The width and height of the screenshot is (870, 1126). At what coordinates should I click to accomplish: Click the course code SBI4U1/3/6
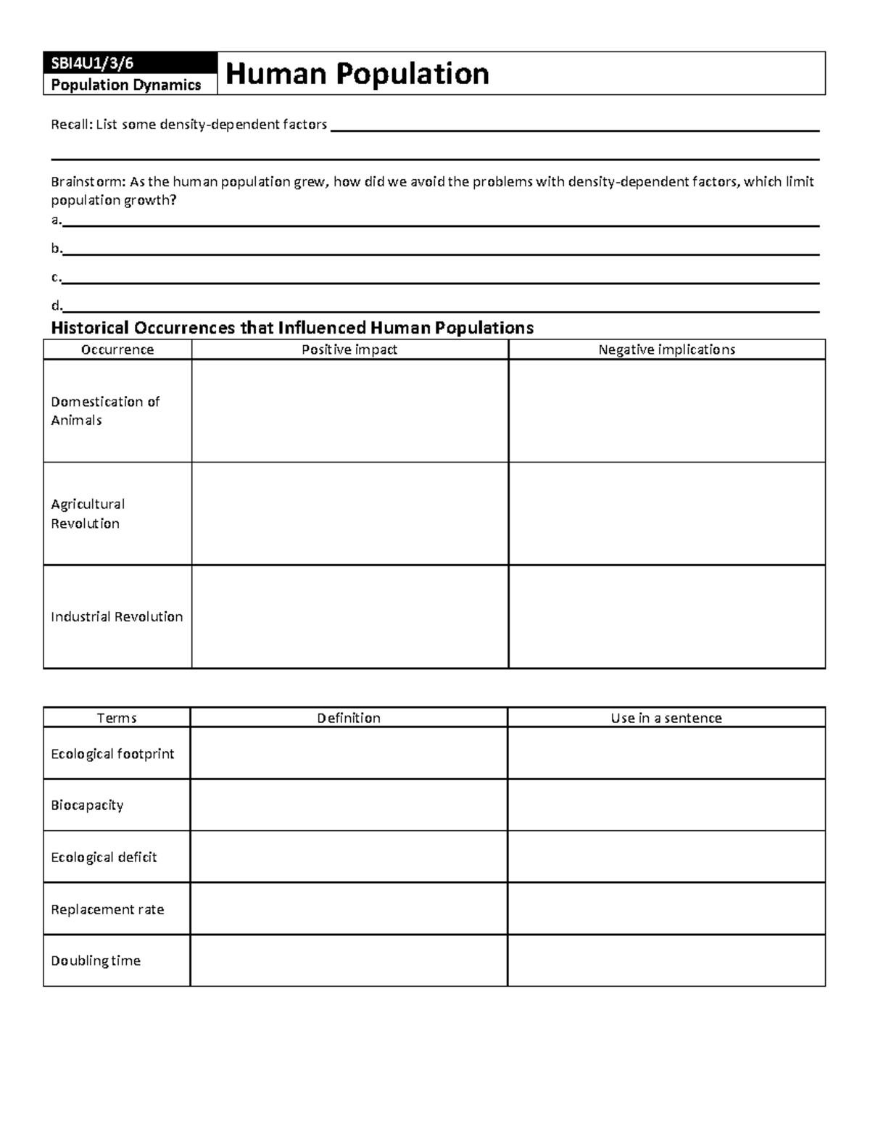[92, 63]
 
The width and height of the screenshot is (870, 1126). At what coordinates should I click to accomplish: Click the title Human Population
[357, 73]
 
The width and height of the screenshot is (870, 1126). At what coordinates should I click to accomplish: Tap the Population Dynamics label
[125, 85]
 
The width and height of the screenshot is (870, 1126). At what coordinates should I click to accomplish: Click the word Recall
[71, 125]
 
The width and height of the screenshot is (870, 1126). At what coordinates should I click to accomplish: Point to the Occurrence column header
[117, 349]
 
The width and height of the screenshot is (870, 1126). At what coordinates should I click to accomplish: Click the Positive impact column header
[349, 349]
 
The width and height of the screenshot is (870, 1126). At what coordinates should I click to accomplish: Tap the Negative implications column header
[666, 349]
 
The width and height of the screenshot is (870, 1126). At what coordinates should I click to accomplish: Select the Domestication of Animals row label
[105, 411]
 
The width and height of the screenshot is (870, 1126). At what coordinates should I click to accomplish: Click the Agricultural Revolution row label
[87, 513]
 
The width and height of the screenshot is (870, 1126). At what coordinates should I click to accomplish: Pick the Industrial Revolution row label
[117, 616]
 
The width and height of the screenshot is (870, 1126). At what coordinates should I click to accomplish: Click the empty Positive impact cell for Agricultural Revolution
[349, 513]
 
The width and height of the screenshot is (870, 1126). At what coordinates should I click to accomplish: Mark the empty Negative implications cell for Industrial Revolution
[666, 616]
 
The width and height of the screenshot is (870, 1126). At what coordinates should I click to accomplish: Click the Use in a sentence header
[666, 718]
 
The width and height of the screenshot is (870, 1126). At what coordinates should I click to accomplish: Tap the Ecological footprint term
[112, 754]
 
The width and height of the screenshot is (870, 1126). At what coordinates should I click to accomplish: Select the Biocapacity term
[87, 805]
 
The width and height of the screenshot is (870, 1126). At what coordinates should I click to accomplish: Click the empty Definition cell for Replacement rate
[348, 908]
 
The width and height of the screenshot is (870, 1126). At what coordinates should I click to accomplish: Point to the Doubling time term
[96, 961]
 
